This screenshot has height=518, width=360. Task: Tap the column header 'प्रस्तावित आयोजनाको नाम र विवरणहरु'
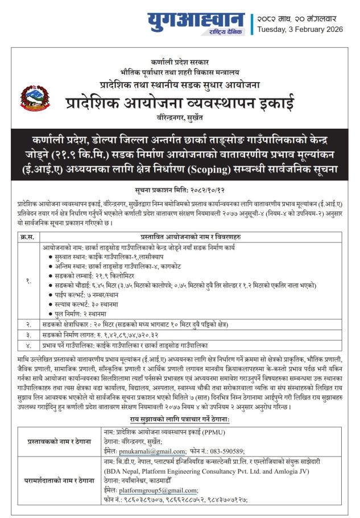tap(192, 237)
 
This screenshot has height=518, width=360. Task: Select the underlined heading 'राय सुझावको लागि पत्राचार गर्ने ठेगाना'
tap(180, 419)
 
